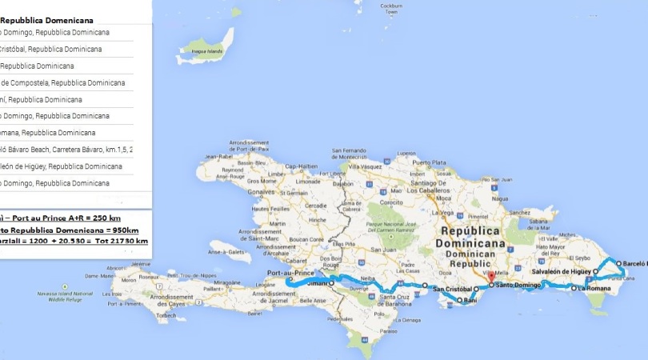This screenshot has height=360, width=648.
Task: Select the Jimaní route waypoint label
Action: (318, 282)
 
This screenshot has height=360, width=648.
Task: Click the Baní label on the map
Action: (470, 300)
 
